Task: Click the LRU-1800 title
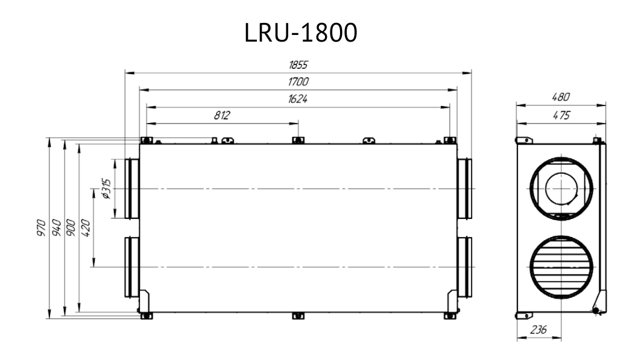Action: coord(301,33)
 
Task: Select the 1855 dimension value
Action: coord(298,65)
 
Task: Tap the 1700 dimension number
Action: coord(298,82)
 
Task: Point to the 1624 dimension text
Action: coord(298,99)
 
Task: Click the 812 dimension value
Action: coord(222,116)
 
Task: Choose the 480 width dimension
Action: coord(561,97)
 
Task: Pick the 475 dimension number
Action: coord(561,116)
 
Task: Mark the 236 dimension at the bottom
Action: coord(538,330)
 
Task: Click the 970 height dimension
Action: coord(41,228)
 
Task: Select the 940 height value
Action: coord(57,228)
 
